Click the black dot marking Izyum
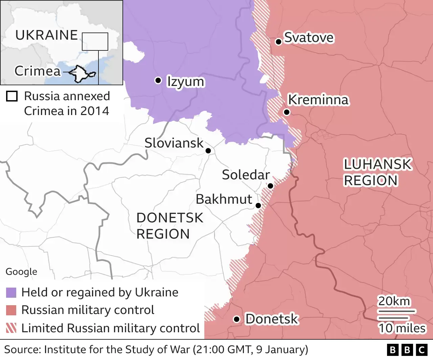[158, 80]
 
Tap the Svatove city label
[309, 38]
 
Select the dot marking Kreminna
[287, 112]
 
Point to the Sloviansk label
[174, 143]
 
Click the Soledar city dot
[270, 186]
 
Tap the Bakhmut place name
[224, 199]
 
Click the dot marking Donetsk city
[237, 319]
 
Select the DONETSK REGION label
[169, 226]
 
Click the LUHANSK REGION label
[377, 173]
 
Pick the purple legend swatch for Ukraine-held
[11, 293]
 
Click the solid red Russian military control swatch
[11, 310]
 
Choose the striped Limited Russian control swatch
[11, 328]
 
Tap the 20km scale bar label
[394, 301]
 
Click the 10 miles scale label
[402, 328]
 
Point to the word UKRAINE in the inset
[47, 35]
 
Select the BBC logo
[407, 350]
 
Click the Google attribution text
[21, 272]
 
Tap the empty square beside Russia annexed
[12, 96]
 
